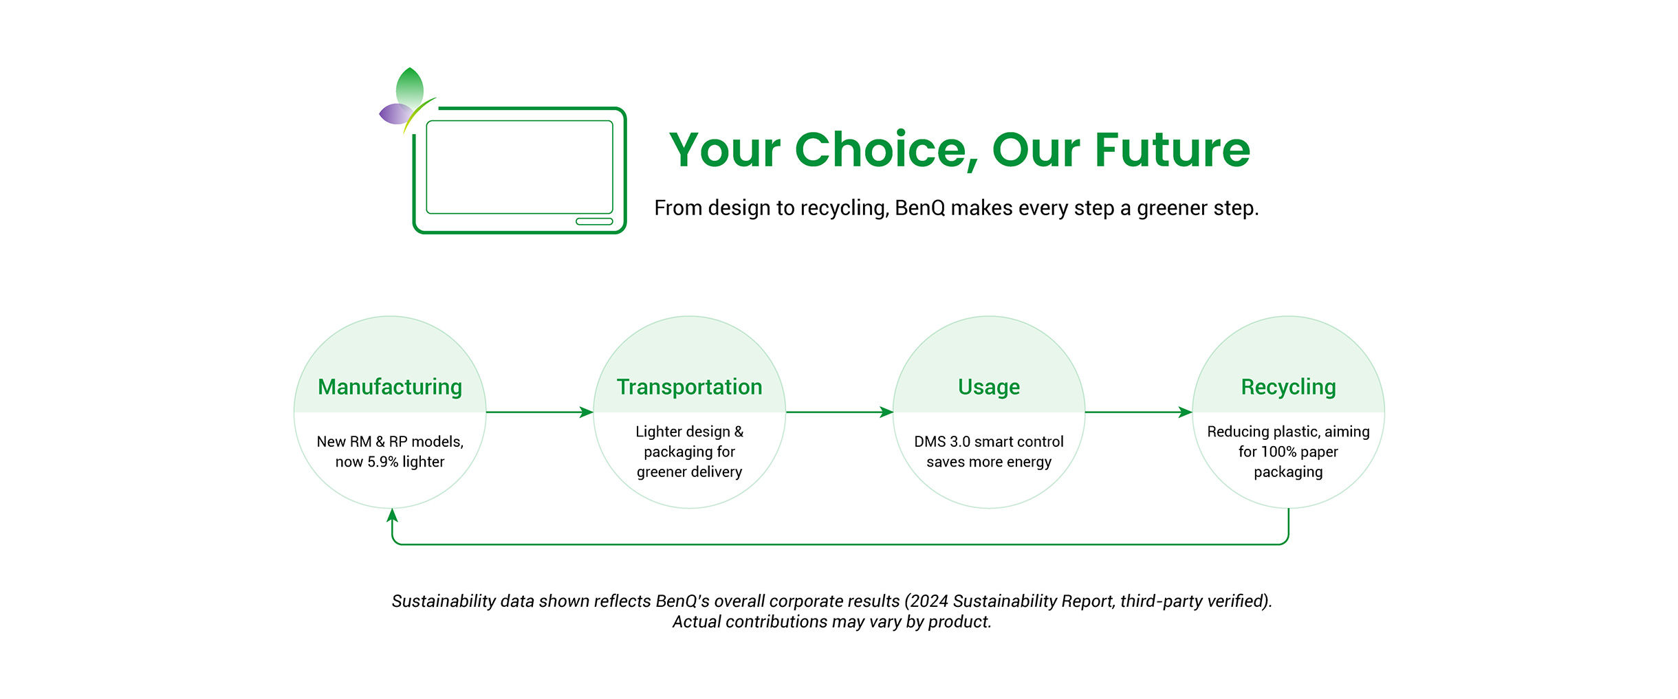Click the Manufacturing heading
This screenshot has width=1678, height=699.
[390, 388]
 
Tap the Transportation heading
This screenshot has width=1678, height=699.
[689, 387]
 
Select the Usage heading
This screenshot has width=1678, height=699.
[989, 388]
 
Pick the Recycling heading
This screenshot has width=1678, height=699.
[1288, 388]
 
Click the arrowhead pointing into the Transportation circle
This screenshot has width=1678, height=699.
[586, 412]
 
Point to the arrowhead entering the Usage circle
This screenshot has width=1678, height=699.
[886, 412]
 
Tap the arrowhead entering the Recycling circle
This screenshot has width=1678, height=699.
[1185, 412]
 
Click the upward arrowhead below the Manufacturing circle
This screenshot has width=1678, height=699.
[392, 515]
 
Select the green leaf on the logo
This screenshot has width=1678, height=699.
[410, 86]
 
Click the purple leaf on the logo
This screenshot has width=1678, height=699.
[395, 114]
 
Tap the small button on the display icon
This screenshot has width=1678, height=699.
[594, 221]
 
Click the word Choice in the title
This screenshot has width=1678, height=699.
[886, 151]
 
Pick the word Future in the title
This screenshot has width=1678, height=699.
[1173, 149]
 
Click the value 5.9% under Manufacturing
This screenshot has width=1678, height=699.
[382, 462]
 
